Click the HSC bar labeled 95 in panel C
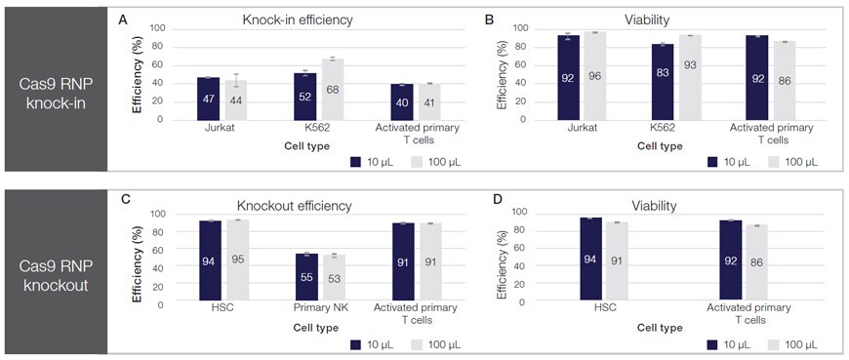tap(238, 260)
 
